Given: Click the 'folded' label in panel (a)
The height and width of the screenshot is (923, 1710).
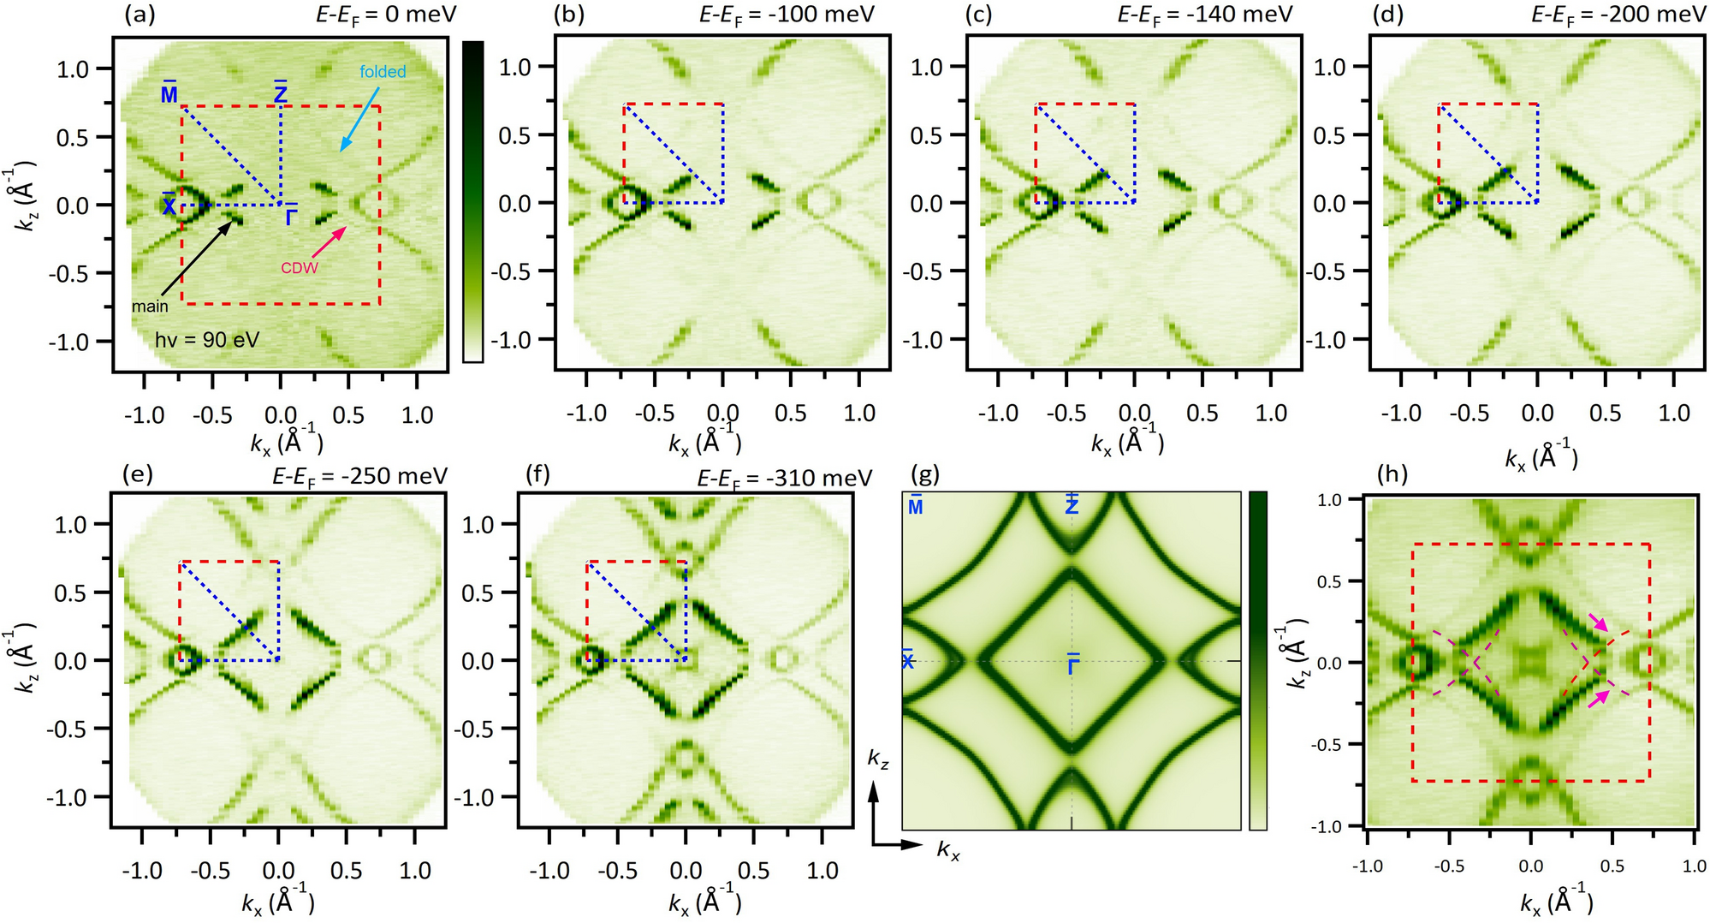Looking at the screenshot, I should (383, 72).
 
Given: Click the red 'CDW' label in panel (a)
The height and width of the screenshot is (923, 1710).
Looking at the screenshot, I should (300, 268).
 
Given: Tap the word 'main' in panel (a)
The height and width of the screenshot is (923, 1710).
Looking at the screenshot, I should (150, 306).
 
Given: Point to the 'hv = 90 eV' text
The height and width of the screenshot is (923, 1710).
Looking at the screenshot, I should (207, 340).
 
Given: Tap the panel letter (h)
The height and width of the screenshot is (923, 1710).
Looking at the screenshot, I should (1391, 473).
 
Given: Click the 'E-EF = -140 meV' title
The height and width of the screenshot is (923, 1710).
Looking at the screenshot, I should (1205, 15).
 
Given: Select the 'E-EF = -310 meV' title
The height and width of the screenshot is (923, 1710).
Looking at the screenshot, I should (785, 478).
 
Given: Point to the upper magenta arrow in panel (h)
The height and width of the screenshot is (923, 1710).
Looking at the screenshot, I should (1598, 622).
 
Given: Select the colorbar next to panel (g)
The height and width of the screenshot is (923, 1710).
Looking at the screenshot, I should (1257, 660).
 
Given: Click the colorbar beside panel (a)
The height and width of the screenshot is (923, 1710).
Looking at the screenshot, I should (472, 202).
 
